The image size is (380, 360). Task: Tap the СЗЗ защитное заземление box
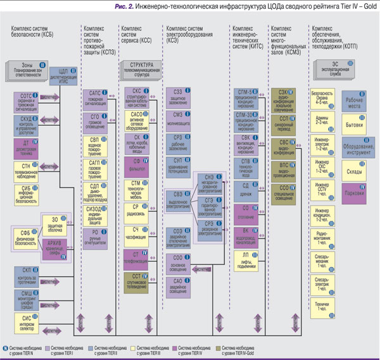coord(179,96)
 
